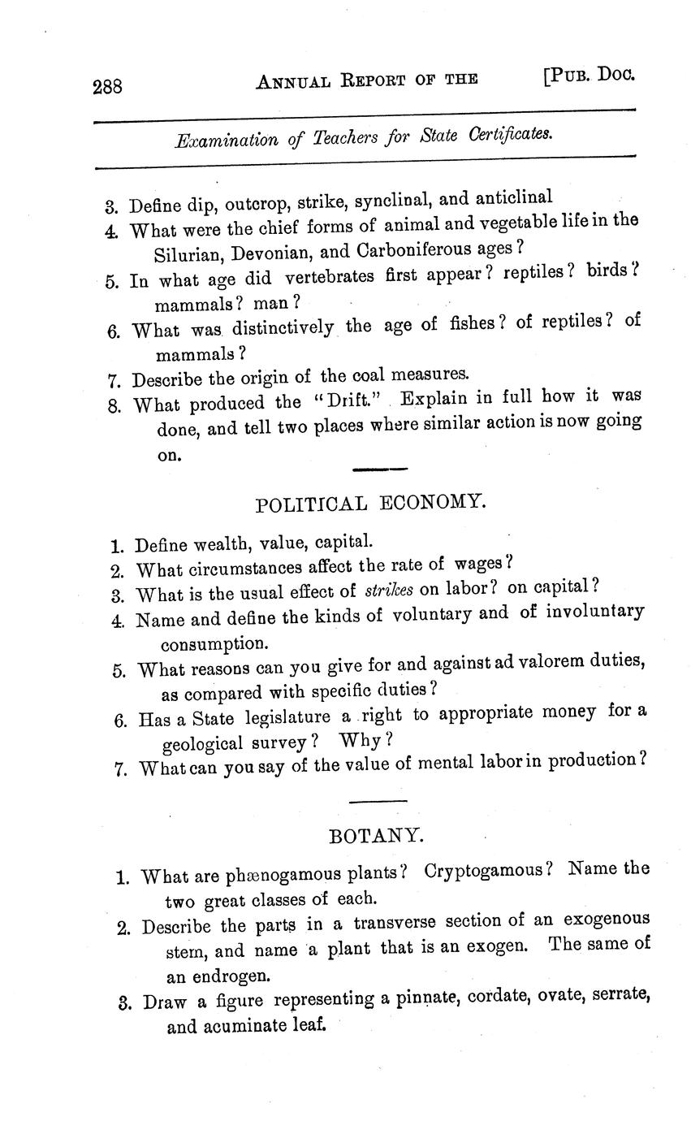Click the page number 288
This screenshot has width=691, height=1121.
(107, 85)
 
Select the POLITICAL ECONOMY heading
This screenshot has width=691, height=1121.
(370, 504)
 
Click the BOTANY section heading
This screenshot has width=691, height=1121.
(375, 835)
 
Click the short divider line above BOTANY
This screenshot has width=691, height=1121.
(378, 802)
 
